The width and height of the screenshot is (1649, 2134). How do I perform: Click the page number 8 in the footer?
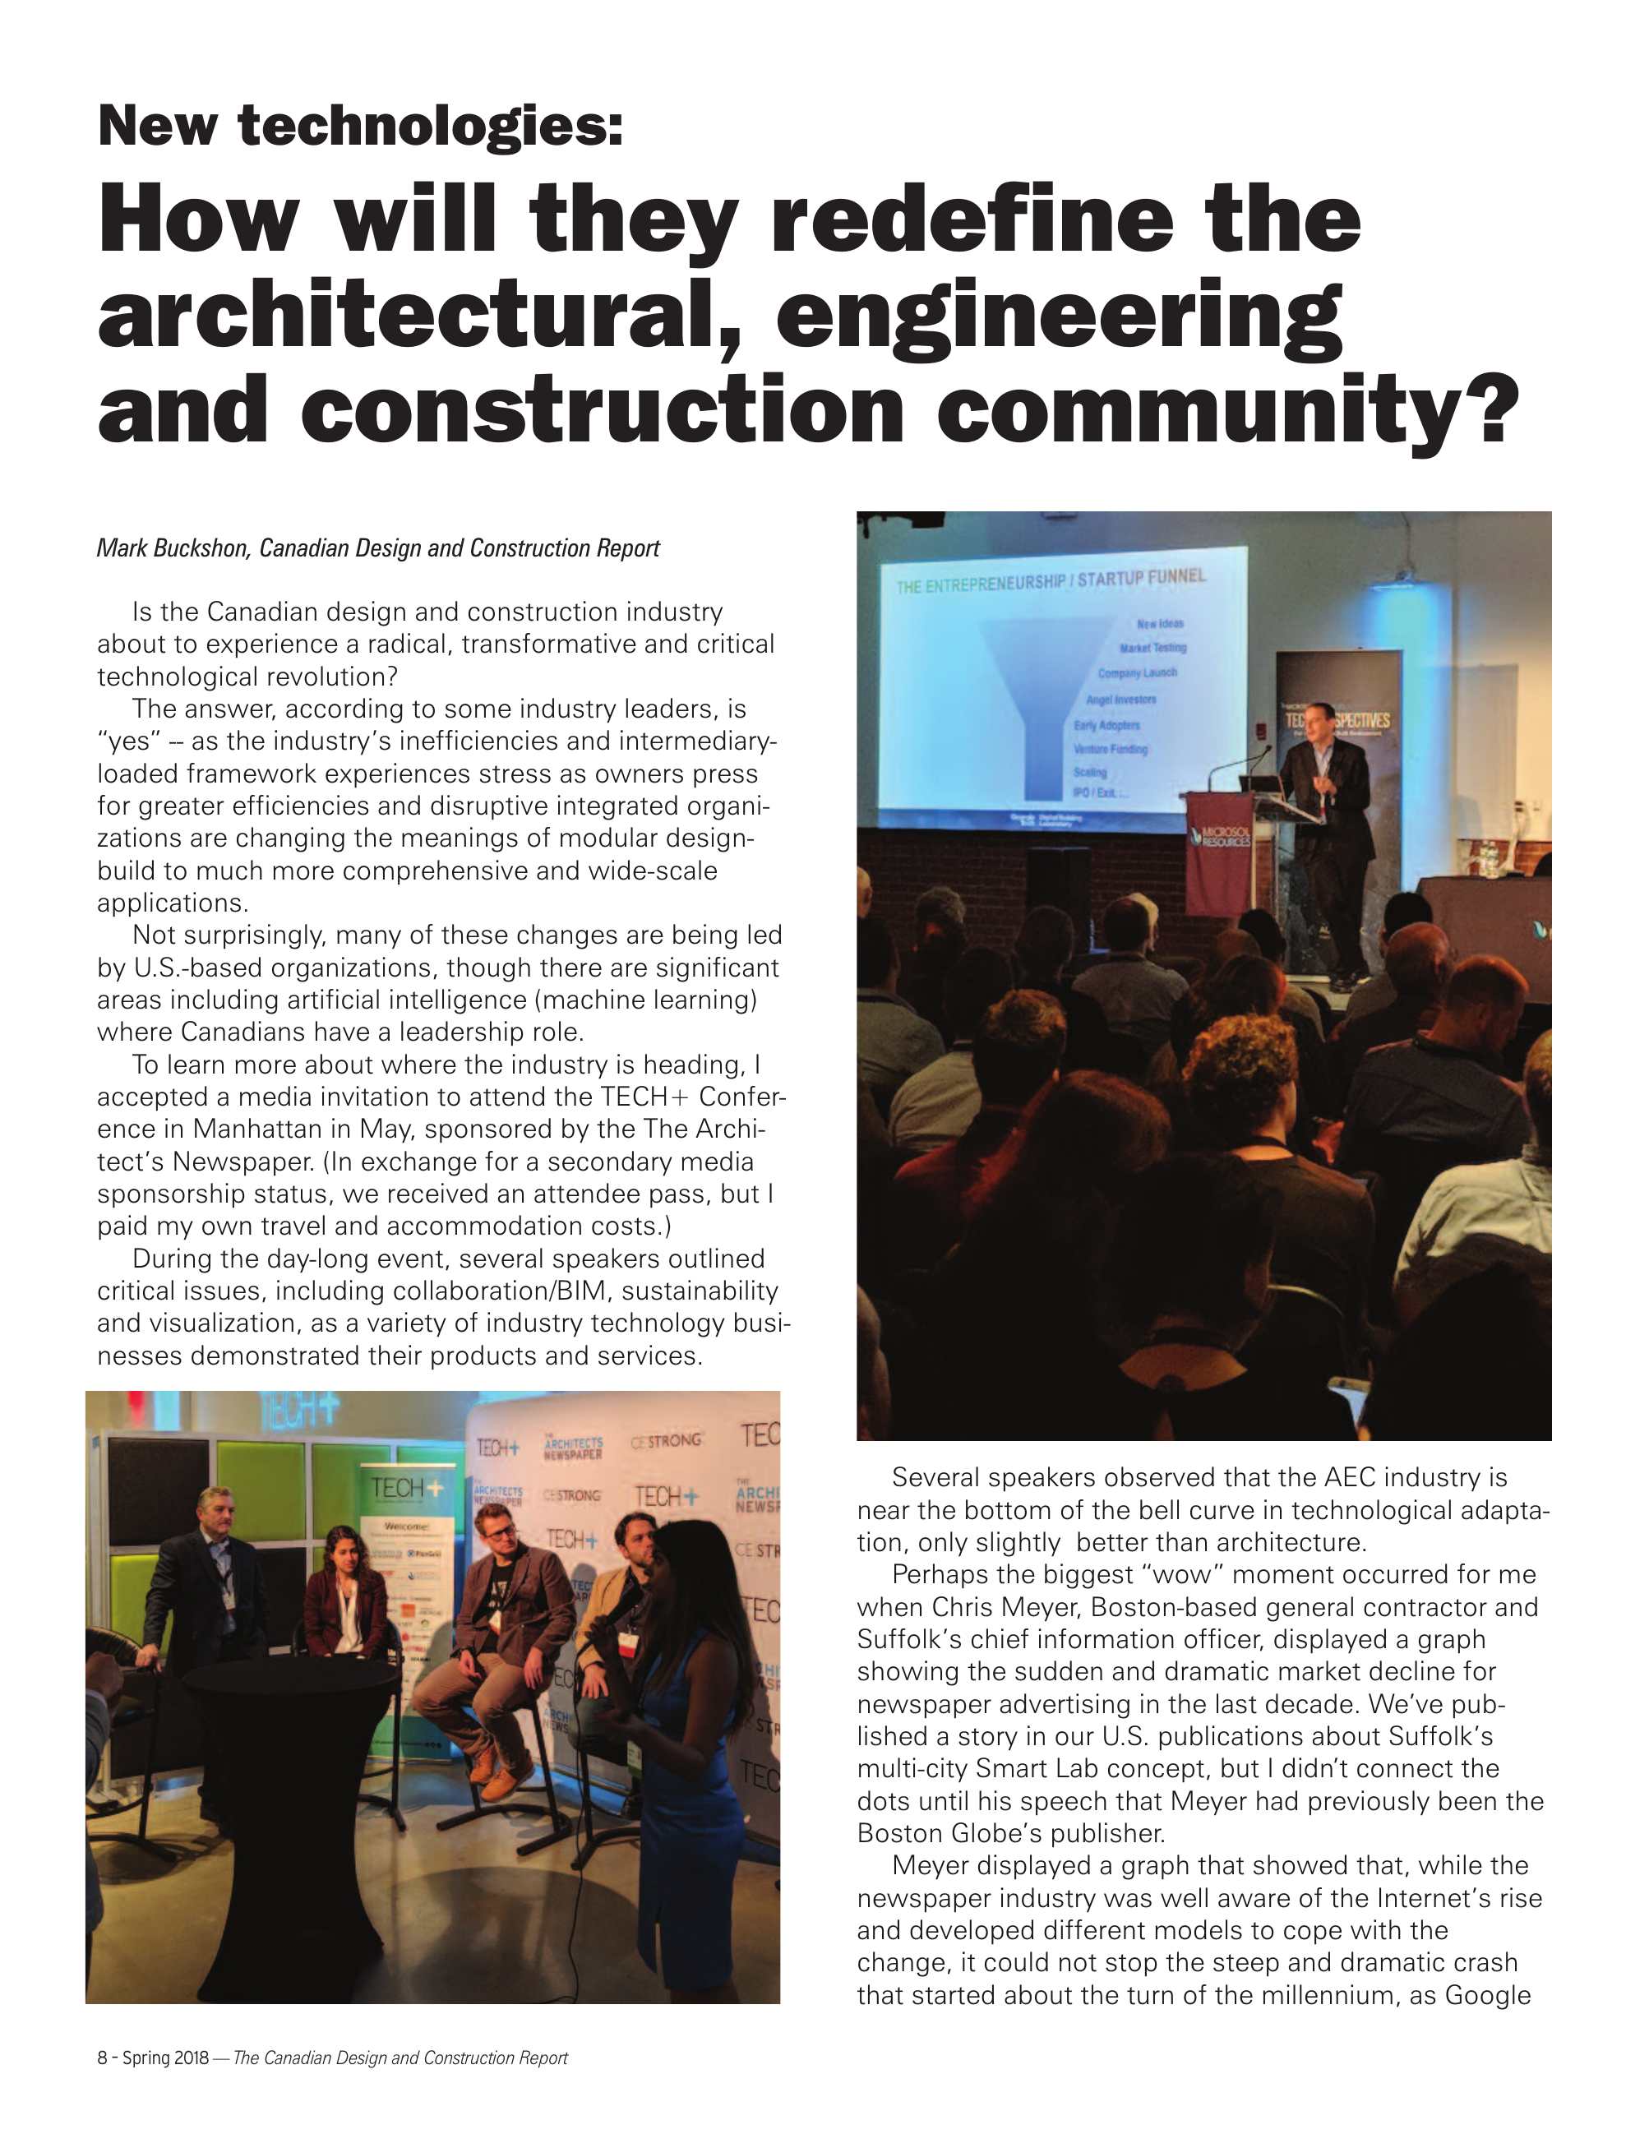pyautogui.click(x=102, y=2058)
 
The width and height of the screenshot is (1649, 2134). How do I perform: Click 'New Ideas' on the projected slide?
pyautogui.click(x=1160, y=622)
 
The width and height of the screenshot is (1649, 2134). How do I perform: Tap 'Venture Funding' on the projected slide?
pyautogui.click(x=1110, y=749)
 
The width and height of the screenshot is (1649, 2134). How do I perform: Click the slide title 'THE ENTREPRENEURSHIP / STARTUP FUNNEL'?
pyautogui.click(x=1051, y=581)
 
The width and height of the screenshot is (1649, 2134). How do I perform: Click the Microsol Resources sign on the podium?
pyautogui.click(x=1219, y=838)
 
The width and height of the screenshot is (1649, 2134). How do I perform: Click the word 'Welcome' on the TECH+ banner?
pyautogui.click(x=403, y=1525)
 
